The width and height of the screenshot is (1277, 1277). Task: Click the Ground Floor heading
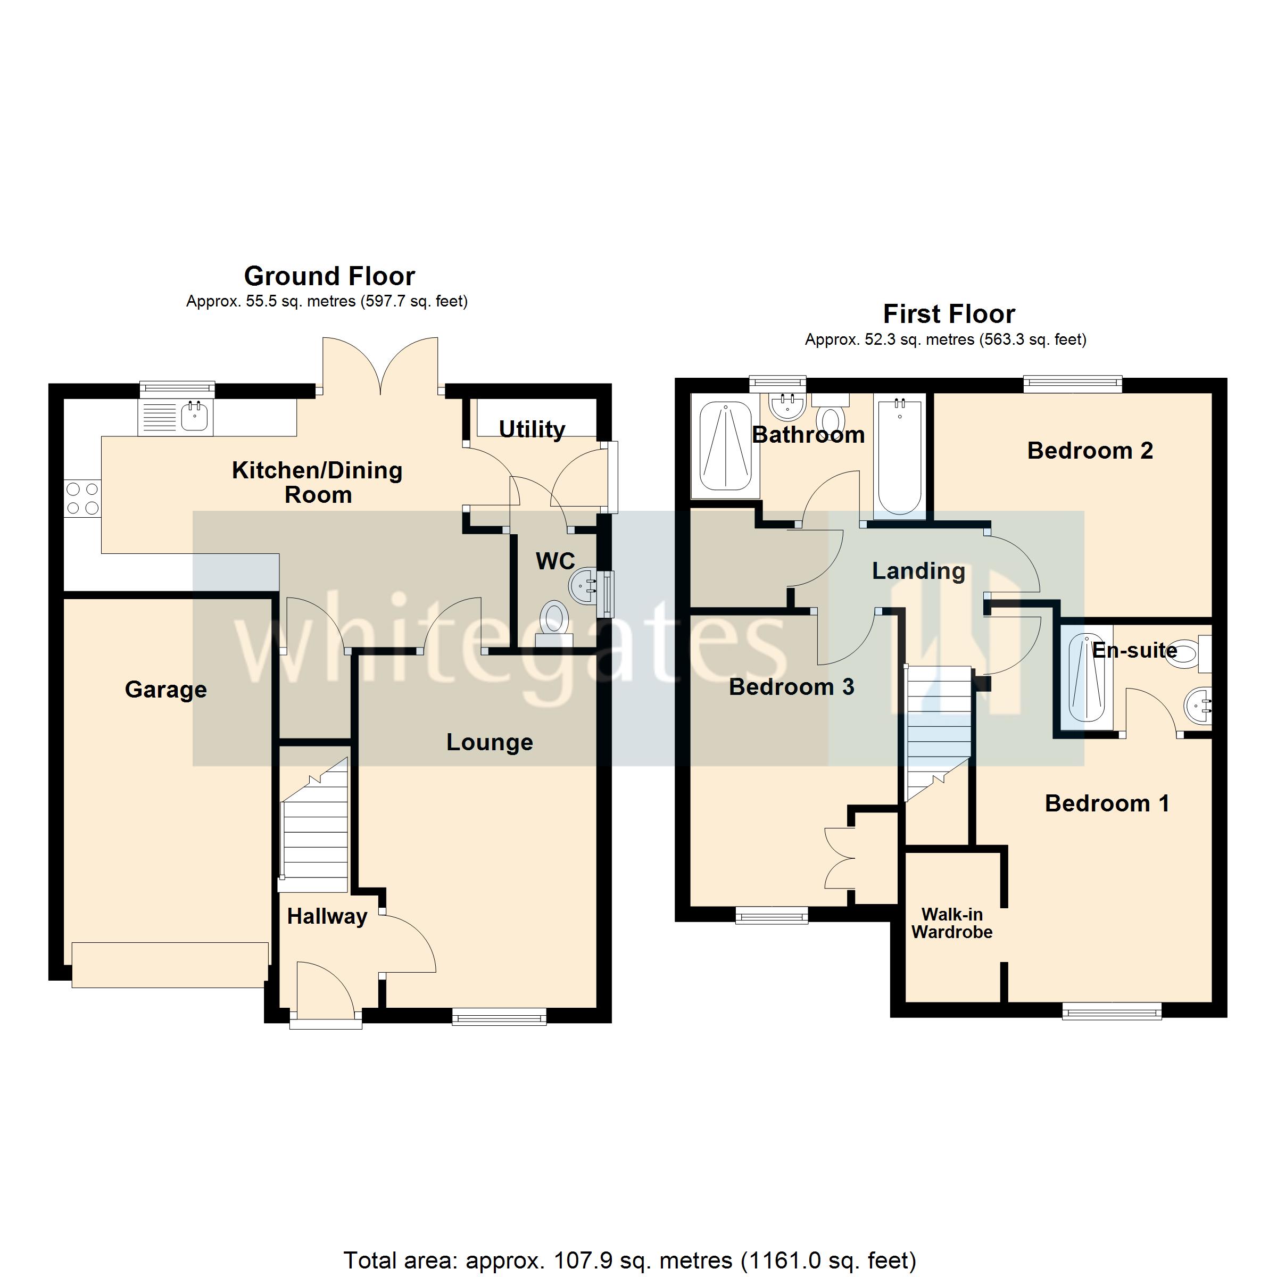(x=329, y=276)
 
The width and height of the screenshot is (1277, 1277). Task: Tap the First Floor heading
(x=949, y=314)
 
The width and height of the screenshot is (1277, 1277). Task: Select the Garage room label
(x=166, y=690)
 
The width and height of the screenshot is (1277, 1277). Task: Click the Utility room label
(x=532, y=429)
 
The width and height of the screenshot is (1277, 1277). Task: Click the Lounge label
(x=489, y=742)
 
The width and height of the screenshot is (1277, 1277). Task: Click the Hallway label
(x=327, y=916)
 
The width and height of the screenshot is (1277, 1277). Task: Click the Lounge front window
(x=499, y=1017)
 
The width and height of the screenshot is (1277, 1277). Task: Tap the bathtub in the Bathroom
(x=900, y=456)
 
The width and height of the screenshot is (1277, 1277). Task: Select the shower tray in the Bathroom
(x=725, y=446)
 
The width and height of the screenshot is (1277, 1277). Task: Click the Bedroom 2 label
(x=1090, y=451)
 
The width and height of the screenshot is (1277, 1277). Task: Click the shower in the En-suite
(x=1087, y=677)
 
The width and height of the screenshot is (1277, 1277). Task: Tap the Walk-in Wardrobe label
(x=952, y=923)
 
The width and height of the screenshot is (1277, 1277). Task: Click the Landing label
(x=918, y=571)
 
